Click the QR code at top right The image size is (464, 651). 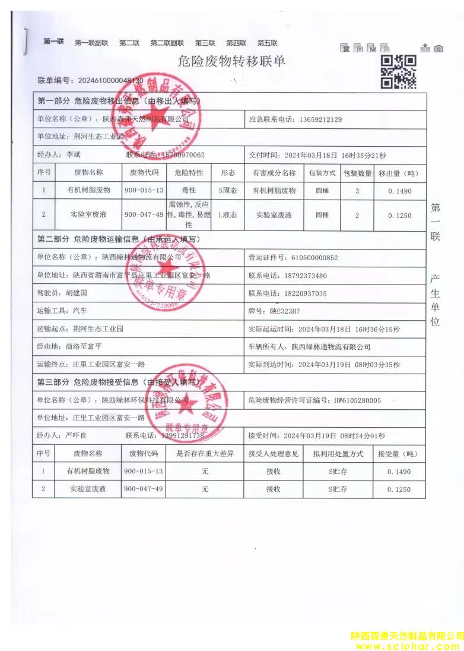[x=398, y=72]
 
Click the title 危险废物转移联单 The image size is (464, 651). [x=231, y=61]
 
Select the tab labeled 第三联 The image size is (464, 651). [x=205, y=43]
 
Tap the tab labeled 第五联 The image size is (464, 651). [x=267, y=43]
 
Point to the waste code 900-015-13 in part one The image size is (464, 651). [x=144, y=191]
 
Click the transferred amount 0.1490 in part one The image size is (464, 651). [x=399, y=191]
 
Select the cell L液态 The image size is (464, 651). [x=228, y=215]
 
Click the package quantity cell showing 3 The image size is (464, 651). [x=357, y=191]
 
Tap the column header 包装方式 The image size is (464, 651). [x=322, y=173]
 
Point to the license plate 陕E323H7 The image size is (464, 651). [x=285, y=311]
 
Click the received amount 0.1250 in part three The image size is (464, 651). [x=399, y=489]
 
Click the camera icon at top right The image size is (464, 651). [x=438, y=48]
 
